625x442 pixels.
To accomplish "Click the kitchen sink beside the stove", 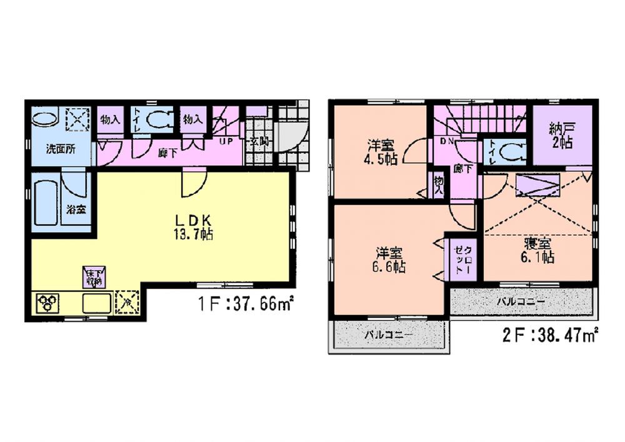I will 96,304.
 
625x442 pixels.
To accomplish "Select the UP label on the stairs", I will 226,141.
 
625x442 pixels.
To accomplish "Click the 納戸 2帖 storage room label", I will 562,134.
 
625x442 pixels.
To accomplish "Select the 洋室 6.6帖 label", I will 389,260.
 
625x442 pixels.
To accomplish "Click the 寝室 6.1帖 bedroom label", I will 538,249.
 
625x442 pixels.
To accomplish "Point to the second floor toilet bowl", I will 512,150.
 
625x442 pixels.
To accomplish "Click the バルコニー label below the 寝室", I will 521,301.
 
